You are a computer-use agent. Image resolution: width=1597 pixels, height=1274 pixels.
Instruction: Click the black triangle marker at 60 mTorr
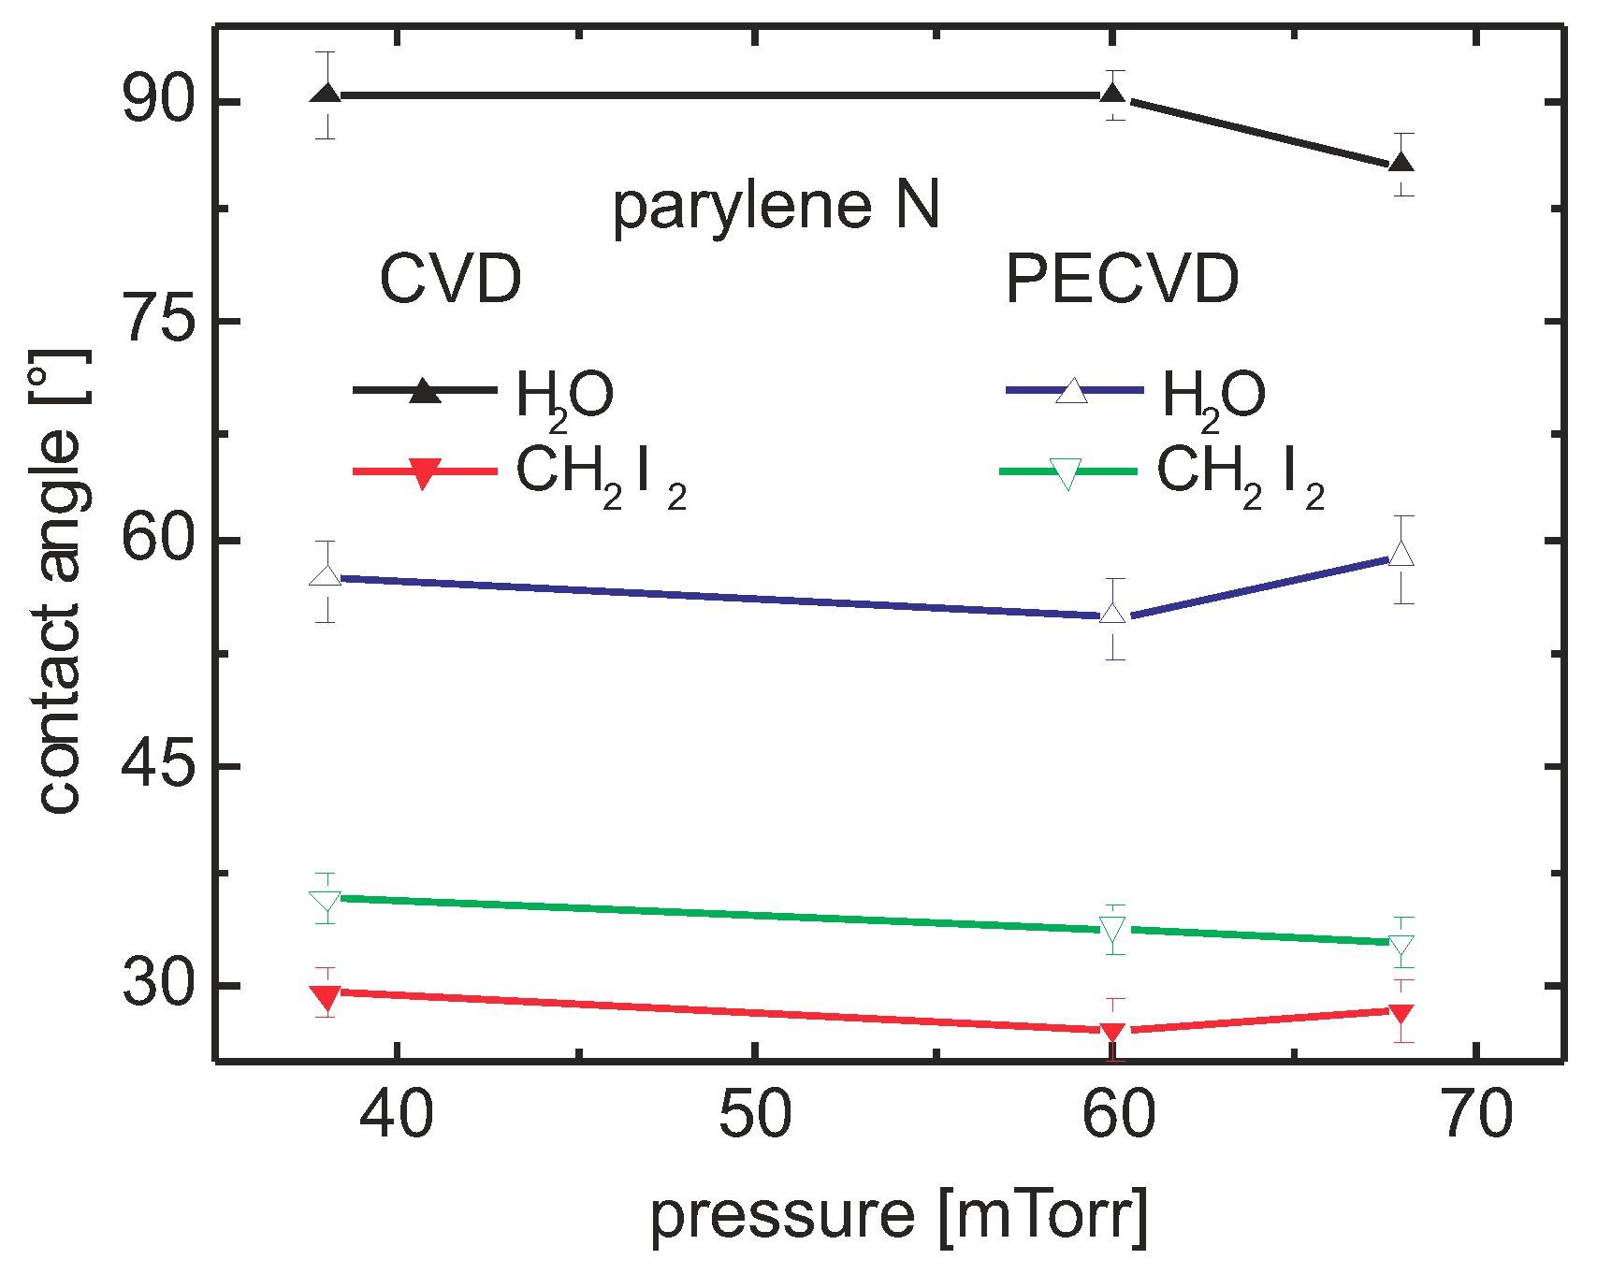(1112, 94)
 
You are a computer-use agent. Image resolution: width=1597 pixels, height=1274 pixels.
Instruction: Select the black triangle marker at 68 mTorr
(1401, 163)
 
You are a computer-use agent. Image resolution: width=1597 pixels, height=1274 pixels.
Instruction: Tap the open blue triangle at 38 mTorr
(326, 575)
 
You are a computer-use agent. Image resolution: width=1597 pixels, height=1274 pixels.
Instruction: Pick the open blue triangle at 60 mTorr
(1112, 614)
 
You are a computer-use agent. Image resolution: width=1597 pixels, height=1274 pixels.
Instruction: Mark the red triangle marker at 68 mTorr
(1401, 1015)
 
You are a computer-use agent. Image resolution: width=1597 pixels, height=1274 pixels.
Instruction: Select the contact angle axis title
(58, 580)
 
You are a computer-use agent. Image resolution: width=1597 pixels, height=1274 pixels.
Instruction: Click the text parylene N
(776, 207)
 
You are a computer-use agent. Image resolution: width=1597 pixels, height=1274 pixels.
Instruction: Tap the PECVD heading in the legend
(1122, 279)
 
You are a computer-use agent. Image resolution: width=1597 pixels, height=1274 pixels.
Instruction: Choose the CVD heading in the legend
(450, 279)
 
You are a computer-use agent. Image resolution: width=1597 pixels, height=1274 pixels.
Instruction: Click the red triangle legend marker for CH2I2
(424, 473)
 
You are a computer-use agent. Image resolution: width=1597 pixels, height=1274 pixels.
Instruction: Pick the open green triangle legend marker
(1067, 473)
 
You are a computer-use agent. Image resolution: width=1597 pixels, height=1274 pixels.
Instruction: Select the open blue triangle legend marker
(1072, 391)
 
